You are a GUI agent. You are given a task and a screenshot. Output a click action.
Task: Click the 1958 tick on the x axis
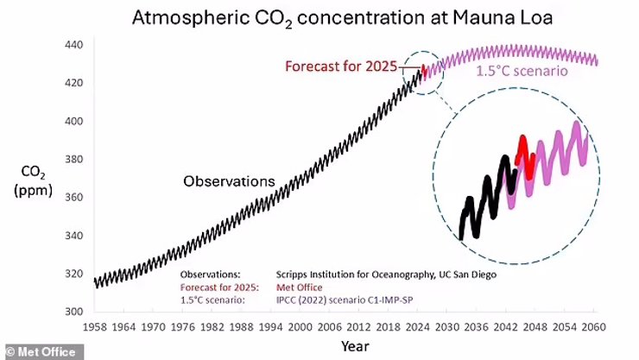(96, 329)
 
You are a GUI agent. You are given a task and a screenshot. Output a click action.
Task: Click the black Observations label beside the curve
(228, 181)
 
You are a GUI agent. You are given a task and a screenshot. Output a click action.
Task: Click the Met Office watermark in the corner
(41, 351)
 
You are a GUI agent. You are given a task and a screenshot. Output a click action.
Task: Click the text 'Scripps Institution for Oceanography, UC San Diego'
(386, 274)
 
